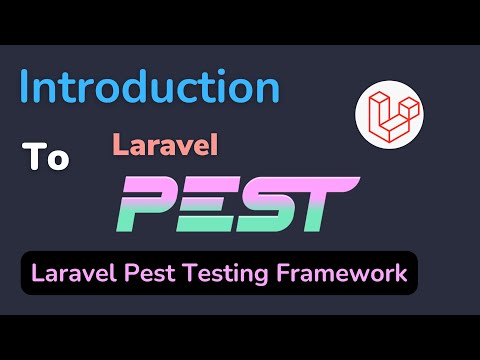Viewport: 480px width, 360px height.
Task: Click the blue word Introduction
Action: click(x=150, y=88)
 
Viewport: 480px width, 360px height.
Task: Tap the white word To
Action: click(x=46, y=158)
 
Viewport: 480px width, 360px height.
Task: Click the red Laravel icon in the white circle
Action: click(x=388, y=113)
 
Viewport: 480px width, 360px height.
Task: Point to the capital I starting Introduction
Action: click(x=25, y=88)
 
